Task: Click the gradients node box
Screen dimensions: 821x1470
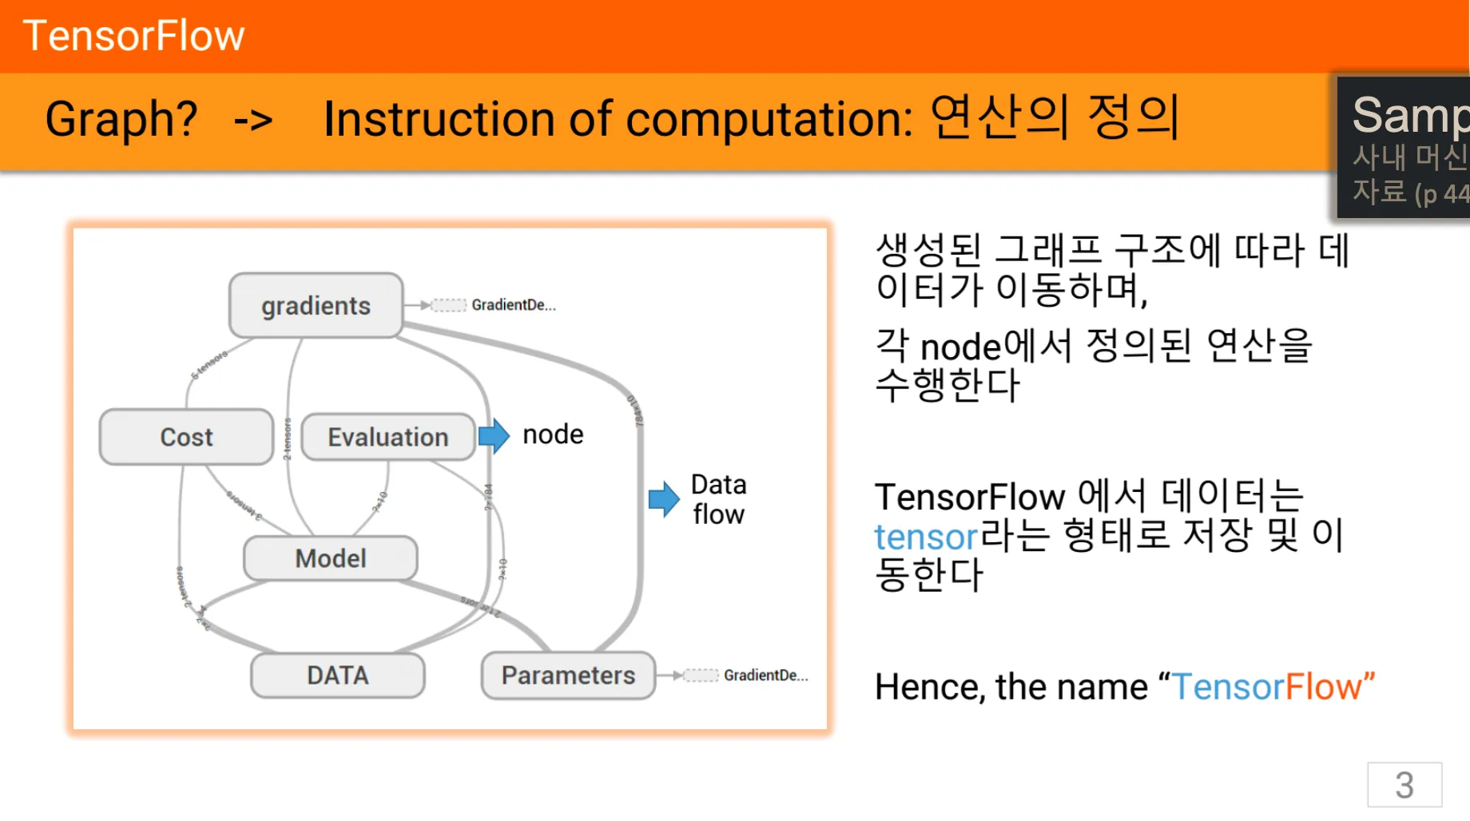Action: pos(316,305)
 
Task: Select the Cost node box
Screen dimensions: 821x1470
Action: pos(186,437)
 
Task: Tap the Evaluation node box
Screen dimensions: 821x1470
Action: pos(388,437)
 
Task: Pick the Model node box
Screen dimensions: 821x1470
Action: pos(331,558)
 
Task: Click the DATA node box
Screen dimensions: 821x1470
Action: pos(338,676)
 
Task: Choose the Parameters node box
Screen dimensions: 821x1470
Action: pos(568,676)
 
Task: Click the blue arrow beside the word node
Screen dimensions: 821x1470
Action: pos(495,436)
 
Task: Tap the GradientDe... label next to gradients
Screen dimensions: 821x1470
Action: pos(514,305)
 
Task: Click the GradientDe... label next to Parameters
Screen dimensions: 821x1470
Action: pos(765,676)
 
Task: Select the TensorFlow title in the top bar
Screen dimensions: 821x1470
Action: pos(134,36)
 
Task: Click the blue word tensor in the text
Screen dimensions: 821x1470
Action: pos(926,537)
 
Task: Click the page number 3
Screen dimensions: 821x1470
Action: pos(1404,785)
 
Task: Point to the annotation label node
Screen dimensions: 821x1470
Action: pos(553,434)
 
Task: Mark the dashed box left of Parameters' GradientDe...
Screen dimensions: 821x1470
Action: pos(701,676)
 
